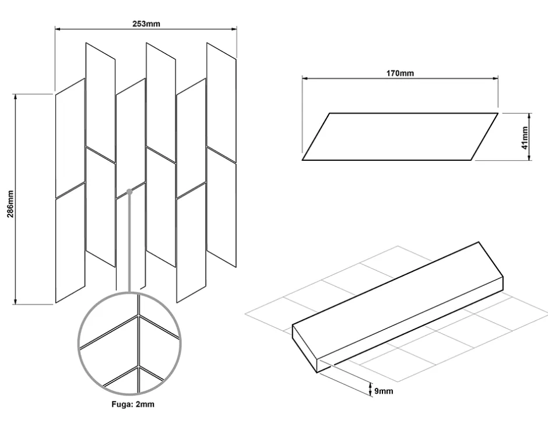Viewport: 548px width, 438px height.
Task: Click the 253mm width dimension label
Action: (x=146, y=24)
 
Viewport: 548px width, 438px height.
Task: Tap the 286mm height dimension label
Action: (x=10, y=199)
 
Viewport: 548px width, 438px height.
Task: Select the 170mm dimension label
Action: (x=399, y=73)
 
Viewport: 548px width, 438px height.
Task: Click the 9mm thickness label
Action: (x=384, y=391)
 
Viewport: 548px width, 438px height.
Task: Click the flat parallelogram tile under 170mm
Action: (x=400, y=136)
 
